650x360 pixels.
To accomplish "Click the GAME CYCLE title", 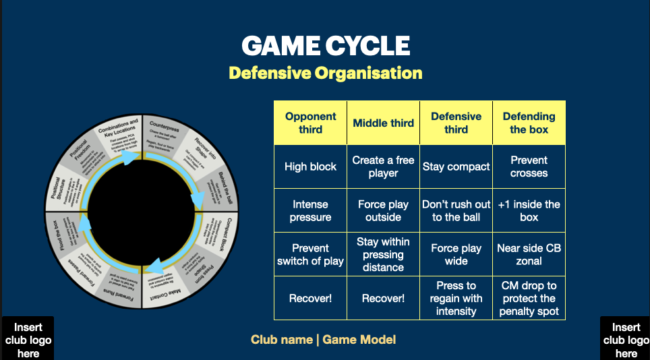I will [326, 46].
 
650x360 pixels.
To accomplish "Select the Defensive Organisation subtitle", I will [326, 73].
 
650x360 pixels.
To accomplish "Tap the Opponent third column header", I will [310, 123].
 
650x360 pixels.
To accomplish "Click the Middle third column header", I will [383, 123].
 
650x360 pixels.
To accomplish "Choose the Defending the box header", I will [529, 123].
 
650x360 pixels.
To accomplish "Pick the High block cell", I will [310, 167].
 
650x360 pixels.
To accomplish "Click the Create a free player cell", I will [383, 167].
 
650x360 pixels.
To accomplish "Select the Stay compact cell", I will [456, 167].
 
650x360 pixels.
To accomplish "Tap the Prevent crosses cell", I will [529, 167].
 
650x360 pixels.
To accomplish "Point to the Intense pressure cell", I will [310, 210].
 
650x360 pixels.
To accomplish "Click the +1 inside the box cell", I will [529, 210].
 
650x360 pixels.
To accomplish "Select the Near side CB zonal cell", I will [529, 254].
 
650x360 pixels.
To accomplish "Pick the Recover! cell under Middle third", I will [383, 298].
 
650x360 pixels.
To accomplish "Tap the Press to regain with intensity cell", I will [456, 298].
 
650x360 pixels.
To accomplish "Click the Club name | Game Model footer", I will [324, 340].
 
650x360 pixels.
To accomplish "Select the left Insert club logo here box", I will [28, 340].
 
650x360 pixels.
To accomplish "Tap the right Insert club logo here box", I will [626, 340].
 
